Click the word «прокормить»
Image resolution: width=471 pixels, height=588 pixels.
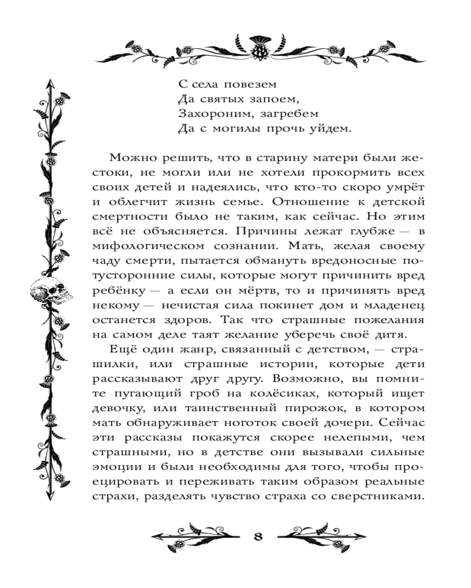point(346,174)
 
